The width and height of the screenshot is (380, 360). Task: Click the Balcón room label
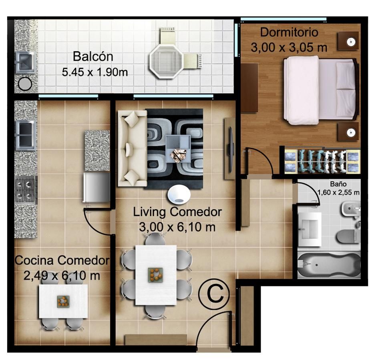point(93,56)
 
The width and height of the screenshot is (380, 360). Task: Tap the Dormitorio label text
point(289,33)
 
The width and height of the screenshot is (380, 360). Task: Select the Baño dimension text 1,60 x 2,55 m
point(338,193)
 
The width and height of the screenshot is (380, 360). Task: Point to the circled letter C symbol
point(214,294)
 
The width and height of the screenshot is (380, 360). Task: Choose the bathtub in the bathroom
point(329,265)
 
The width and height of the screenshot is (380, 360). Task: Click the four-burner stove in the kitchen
point(26,190)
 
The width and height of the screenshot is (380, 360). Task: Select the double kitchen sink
point(26,136)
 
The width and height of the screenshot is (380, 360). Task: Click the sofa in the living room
point(132,148)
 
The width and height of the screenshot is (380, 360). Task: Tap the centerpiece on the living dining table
point(155,274)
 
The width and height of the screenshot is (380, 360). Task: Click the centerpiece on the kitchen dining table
point(63,302)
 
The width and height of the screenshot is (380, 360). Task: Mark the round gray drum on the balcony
point(25,84)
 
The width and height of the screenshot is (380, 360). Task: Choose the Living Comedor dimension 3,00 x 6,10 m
point(177,227)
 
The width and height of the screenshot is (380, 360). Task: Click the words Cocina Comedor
point(62,260)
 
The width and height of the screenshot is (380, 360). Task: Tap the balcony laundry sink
point(25,62)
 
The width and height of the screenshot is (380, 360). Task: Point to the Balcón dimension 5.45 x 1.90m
point(95,72)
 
